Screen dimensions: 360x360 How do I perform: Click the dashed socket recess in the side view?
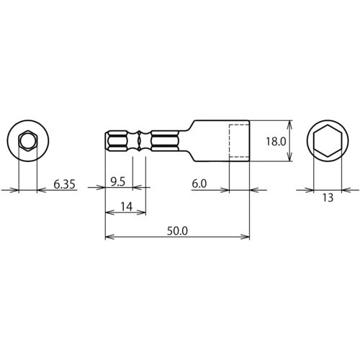(x=239, y=140)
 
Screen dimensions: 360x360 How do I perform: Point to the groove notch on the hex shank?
(x=140, y=140)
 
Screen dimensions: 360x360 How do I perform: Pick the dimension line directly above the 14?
(x=125, y=213)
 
